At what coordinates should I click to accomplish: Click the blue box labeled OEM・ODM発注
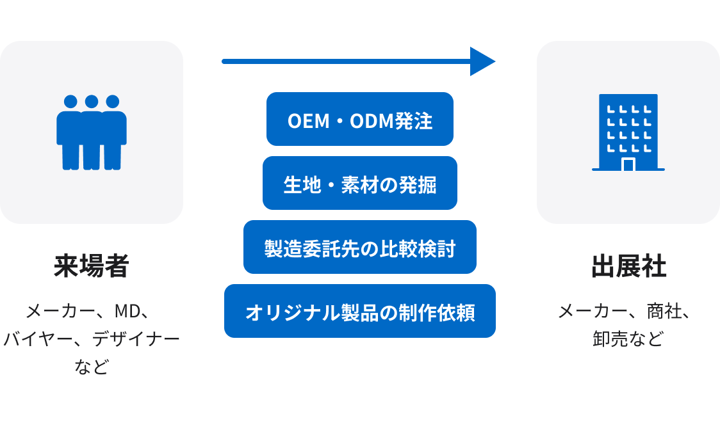pyautogui.click(x=360, y=119)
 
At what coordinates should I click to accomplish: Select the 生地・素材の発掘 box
pyautogui.click(x=360, y=183)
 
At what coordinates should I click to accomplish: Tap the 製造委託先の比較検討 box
pyautogui.click(x=360, y=247)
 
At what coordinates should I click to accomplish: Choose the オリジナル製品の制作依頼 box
pyautogui.click(x=360, y=311)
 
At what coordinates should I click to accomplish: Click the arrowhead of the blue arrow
pyautogui.click(x=482, y=61)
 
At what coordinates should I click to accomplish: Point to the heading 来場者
pyautogui.click(x=92, y=267)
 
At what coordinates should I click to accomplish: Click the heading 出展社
pyautogui.click(x=628, y=267)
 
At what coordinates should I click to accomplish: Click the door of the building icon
pyautogui.click(x=628, y=164)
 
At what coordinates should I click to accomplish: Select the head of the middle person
pyautogui.click(x=92, y=102)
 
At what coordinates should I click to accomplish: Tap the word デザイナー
pyautogui.click(x=136, y=339)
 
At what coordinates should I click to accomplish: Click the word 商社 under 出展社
pyautogui.click(x=662, y=312)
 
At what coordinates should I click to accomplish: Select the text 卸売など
pyautogui.click(x=628, y=339)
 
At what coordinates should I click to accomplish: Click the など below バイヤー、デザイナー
pyautogui.click(x=92, y=367)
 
